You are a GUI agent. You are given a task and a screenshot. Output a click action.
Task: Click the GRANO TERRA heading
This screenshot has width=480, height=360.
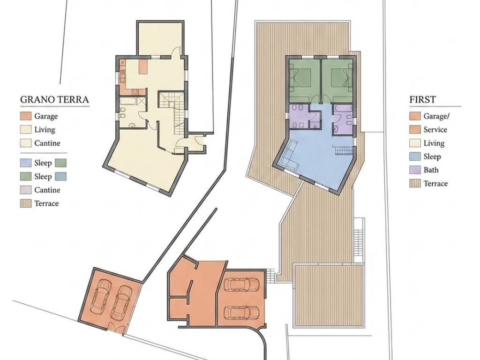click(x=54, y=99)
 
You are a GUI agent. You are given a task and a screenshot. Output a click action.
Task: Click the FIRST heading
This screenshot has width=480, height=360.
click(x=422, y=99)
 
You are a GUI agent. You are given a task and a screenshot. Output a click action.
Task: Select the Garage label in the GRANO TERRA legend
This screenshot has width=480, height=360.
click(x=46, y=116)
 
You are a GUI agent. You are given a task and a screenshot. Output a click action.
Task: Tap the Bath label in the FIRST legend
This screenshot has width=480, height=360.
click(x=431, y=170)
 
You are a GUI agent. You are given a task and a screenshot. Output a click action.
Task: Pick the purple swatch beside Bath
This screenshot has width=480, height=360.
click(x=415, y=170)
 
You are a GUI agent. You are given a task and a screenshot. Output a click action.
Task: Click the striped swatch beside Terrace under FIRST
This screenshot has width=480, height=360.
click(x=415, y=183)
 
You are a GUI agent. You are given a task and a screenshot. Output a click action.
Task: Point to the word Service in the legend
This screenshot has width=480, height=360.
click(x=435, y=129)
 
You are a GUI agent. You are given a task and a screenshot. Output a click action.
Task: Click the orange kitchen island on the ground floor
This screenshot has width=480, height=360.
click(x=142, y=67)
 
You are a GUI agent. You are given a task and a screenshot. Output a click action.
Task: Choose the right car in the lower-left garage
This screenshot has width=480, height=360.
click(x=121, y=302)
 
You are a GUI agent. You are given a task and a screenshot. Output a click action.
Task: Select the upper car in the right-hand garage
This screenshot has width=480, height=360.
click(x=241, y=284)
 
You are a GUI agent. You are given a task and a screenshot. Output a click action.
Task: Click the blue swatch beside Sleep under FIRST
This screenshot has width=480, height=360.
click(x=415, y=157)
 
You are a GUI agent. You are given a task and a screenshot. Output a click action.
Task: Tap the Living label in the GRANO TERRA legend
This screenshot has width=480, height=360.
click(x=45, y=130)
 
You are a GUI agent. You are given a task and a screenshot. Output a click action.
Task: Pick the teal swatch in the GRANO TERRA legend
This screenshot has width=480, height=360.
click(x=61, y=177)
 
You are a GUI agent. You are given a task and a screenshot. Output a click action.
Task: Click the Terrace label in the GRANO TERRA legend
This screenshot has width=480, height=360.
click(x=46, y=203)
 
